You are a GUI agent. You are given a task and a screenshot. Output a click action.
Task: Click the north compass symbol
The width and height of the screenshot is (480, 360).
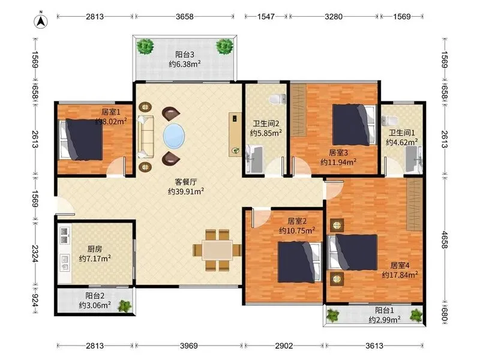click(41, 22)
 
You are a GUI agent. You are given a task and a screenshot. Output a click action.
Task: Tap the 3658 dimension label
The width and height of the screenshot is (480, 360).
click(184, 17)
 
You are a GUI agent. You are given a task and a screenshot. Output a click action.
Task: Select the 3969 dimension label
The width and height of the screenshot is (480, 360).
click(188, 346)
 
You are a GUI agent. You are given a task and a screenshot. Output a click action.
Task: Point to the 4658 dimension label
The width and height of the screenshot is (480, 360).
click(445, 240)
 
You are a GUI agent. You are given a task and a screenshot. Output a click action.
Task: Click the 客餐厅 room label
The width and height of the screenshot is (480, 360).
click(185, 182)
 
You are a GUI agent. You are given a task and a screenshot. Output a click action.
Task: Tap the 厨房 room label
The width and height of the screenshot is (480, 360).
click(95, 249)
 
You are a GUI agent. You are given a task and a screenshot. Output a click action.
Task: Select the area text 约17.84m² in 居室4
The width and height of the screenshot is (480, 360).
click(400, 275)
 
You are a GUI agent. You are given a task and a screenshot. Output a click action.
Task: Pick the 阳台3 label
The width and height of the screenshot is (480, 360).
click(185, 55)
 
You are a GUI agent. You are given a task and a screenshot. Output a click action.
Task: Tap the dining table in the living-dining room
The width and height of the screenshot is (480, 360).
click(217, 250)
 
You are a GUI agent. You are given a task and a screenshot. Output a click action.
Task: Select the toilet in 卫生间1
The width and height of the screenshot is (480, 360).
click(387, 120)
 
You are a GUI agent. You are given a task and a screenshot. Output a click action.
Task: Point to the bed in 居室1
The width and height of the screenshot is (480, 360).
click(81, 140)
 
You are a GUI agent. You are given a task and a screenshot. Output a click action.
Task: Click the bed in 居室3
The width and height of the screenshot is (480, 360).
click(354, 125)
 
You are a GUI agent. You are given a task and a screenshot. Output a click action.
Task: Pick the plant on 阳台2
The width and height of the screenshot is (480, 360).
click(125, 306)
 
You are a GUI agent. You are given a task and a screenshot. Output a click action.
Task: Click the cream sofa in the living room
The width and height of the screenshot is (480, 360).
click(145, 137)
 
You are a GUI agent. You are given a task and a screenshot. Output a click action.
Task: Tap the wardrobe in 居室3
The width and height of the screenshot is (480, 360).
click(298, 110)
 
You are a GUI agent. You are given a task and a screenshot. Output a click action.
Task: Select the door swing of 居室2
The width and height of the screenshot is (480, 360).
click(260, 217)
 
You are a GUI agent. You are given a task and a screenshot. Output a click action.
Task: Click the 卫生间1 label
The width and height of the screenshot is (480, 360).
click(401, 133)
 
